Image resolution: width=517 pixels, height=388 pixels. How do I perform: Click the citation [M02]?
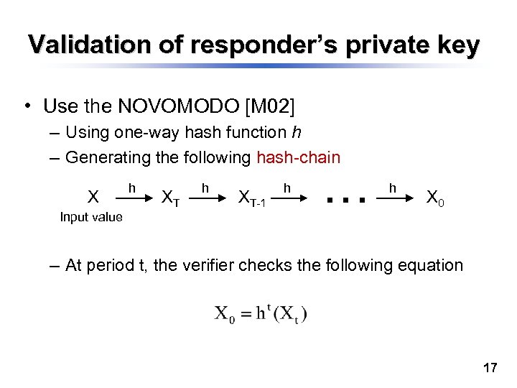(x=270, y=107)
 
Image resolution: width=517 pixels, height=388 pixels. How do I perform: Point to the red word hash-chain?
(x=298, y=157)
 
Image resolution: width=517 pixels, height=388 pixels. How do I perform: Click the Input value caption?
(x=91, y=217)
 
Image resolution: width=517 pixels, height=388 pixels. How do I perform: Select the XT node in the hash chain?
(x=170, y=197)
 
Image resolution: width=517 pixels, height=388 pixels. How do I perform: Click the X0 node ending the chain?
(x=435, y=197)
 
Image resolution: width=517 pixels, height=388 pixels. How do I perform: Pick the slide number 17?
(x=490, y=369)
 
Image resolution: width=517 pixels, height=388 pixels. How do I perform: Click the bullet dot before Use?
(x=26, y=108)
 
